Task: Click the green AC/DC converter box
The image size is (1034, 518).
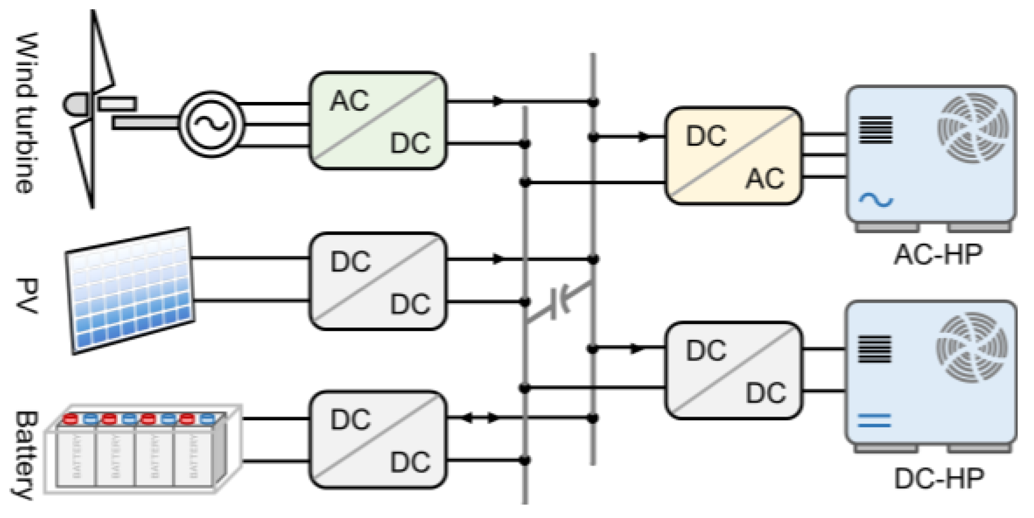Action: click(x=378, y=121)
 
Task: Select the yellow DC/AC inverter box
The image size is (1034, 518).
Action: click(x=734, y=156)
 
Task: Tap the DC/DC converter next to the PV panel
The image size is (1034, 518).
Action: click(x=378, y=281)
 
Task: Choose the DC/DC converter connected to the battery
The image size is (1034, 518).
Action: click(x=378, y=440)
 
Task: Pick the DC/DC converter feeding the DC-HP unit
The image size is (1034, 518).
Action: click(x=734, y=371)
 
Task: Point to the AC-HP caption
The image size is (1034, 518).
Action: click(x=938, y=255)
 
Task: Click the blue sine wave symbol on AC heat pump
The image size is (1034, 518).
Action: click(x=875, y=200)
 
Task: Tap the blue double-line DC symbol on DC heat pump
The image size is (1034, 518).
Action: click(x=874, y=420)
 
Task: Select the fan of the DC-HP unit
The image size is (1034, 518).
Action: click(x=972, y=348)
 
